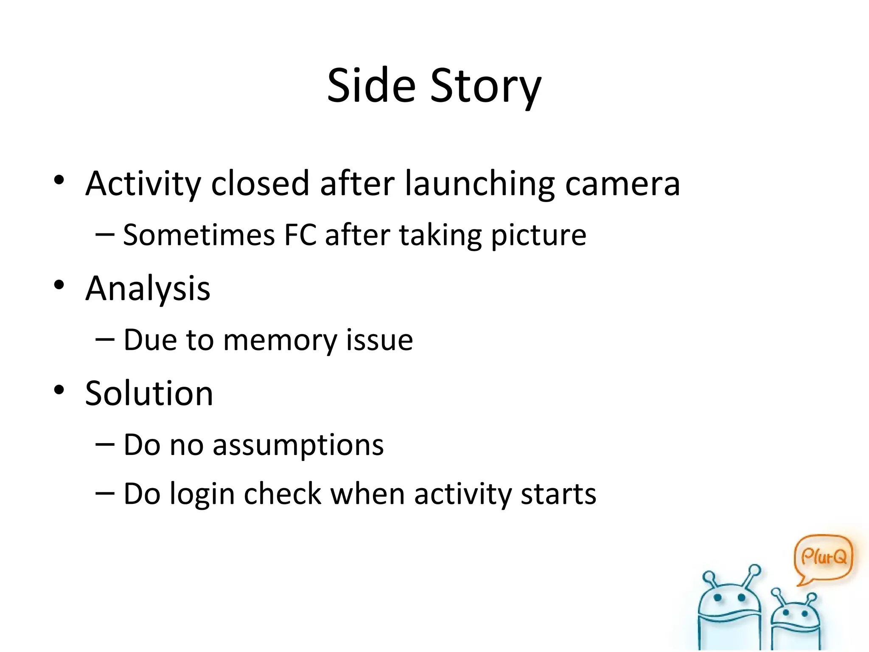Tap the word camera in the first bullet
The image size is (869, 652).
click(622, 184)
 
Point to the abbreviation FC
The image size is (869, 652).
click(300, 235)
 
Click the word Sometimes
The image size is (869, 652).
click(199, 235)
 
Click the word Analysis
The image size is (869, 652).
click(148, 289)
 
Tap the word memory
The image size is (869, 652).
click(280, 341)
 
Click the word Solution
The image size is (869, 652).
click(149, 393)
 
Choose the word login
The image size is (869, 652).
click(202, 495)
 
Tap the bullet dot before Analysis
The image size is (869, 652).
click(59, 285)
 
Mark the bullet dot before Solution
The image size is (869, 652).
click(59, 390)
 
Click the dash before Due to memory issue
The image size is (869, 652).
click(105, 340)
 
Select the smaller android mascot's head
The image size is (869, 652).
click(794, 614)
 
